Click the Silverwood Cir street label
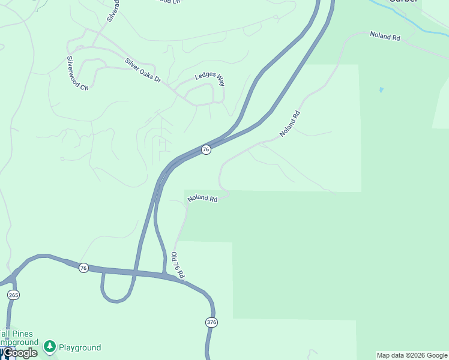coord(77,73)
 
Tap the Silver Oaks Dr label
coord(143,70)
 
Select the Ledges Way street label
coord(209,79)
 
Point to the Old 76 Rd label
coord(178,265)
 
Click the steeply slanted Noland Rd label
coord(289,124)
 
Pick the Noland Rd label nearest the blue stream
coord(385,37)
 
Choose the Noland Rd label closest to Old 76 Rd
coord(202,198)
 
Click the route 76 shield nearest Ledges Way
coord(206,149)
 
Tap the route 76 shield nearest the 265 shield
coord(83,268)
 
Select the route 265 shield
coord(13,295)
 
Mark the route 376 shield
coord(211,322)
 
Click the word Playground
coord(80,347)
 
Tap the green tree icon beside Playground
coord(50,346)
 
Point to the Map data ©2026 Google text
coord(412,355)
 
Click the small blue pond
coord(381,90)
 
